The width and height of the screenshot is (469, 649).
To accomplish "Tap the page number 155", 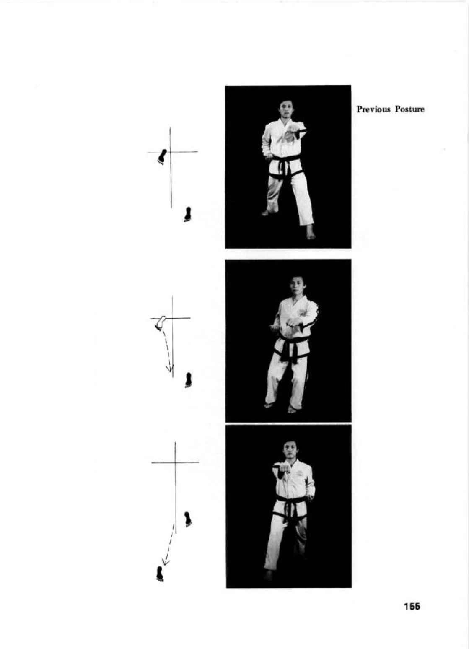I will point(412,607).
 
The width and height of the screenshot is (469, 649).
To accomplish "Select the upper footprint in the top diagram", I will point(162,156).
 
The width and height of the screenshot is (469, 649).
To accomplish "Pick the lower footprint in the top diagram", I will point(188,214).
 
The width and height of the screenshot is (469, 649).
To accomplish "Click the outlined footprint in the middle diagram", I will point(161,322).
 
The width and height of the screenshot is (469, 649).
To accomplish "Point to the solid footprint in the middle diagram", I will point(189,380).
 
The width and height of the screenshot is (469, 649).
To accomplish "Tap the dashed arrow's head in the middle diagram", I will point(169,369).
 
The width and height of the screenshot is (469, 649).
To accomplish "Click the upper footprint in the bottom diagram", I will point(188,519).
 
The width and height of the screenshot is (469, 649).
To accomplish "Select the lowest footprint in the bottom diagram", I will point(160,574).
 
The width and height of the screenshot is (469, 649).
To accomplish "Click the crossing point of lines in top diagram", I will point(170,152).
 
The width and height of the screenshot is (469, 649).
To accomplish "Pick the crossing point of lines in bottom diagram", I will point(175,462).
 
